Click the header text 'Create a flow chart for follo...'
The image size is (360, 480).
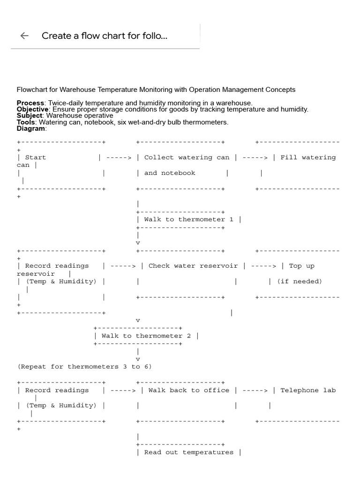[104, 36]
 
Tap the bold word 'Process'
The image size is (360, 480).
[30, 103]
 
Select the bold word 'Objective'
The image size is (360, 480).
[32, 109]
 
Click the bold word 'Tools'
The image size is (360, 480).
[26, 122]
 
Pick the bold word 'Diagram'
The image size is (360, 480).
[31, 128]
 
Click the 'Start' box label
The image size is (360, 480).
[36, 157]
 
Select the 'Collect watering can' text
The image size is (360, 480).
[187, 157]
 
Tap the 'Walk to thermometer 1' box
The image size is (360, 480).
[188, 219]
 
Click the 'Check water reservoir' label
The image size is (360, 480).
[193, 266]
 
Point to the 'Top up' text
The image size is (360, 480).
[301, 266]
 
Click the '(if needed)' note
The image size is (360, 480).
[299, 281]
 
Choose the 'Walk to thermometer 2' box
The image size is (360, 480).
[146, 336]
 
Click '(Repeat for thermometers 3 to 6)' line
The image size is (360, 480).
[84, 367]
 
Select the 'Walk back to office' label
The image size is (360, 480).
[189, 390]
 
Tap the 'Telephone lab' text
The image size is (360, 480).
[308, 390]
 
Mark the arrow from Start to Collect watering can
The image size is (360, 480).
[119, 157]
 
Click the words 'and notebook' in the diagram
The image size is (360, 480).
[170, 173]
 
